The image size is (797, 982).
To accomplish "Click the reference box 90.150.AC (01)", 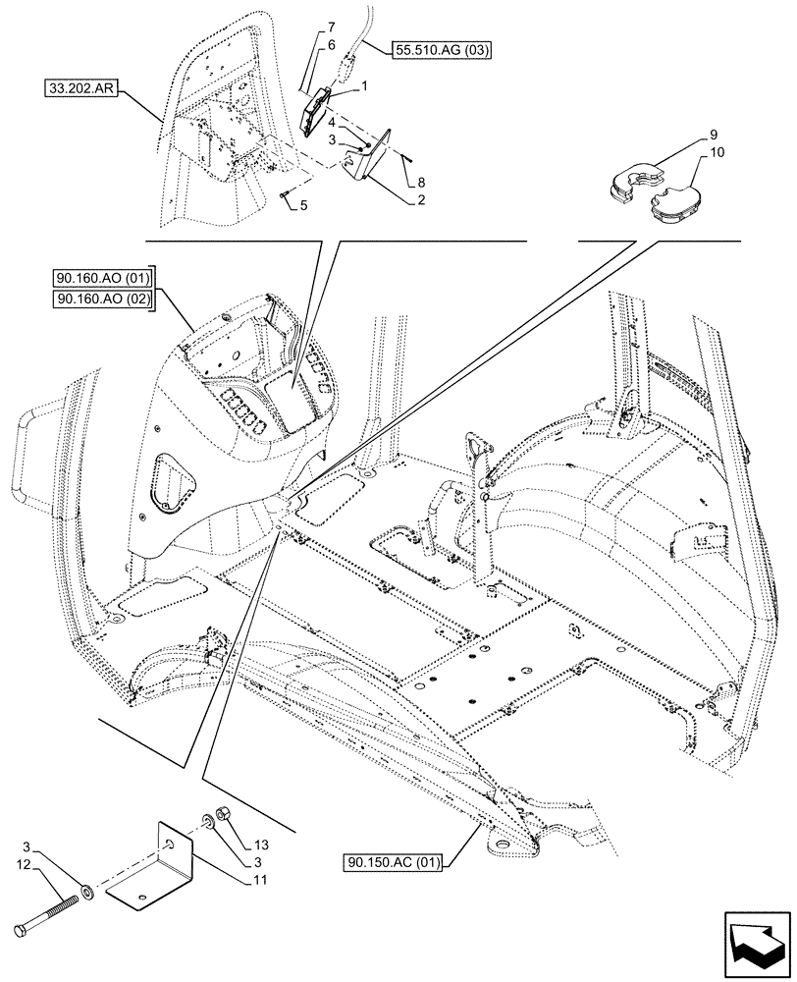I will pos(394,863).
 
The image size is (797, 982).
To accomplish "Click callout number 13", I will pos(261,845).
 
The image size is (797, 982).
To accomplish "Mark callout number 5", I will pos(304,206).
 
